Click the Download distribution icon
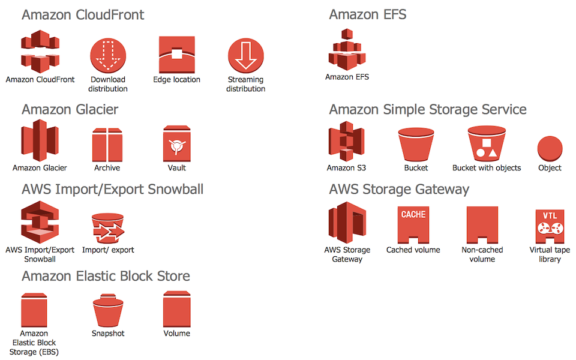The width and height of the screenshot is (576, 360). point(108,55)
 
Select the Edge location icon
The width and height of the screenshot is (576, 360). point(176,55)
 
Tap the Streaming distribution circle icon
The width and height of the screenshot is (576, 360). point(246,55)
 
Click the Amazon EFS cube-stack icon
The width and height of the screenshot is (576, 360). point(347,50)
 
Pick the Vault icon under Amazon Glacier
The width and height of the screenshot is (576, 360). point(176,144)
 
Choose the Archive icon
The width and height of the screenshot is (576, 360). point(107,145)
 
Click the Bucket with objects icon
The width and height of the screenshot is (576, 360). point(487,143)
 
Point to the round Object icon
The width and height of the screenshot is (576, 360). point(550,149)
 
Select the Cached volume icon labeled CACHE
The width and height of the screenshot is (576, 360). point(413,225)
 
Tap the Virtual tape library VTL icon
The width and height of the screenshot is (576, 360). point(550,226)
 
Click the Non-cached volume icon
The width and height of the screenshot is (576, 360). point(482,225)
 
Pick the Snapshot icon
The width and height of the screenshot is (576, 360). point(108,310)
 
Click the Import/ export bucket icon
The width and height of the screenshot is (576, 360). point(108,228)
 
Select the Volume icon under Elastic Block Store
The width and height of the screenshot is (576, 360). point(176,310)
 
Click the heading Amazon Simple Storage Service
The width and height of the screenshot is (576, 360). point(428,109)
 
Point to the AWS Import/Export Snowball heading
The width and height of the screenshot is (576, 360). point(112,189)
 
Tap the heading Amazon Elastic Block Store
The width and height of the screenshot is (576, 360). point(106,276)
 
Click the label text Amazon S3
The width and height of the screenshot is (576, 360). point(346,168)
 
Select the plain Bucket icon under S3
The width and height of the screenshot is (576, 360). point(416,145)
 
